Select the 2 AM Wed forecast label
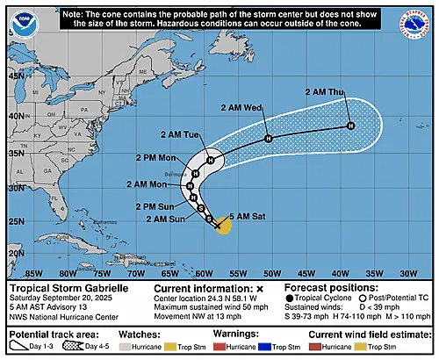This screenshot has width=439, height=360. click(x=263, y=109)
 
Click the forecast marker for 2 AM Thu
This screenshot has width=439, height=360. click(x=350, y=126)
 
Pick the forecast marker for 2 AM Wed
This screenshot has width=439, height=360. click(x=269, y=138)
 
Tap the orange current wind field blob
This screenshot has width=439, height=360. click(x=223, y=227)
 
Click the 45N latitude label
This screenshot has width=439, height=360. click(x=15, y=76)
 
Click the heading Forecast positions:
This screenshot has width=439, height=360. click(x=326, y=288)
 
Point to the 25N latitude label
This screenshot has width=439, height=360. click(x=15, y=220)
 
